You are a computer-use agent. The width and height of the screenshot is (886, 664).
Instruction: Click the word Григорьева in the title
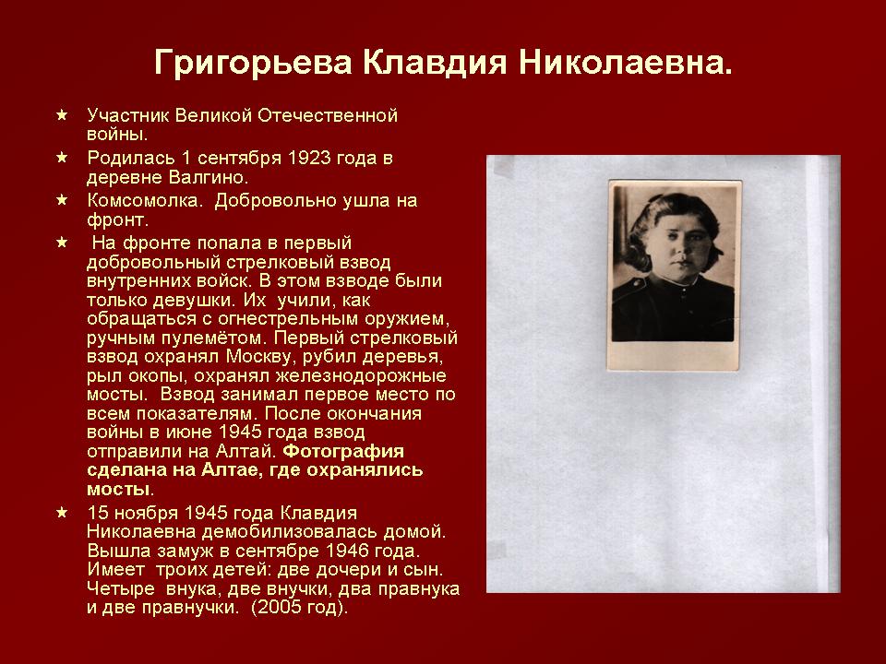pos(253,63)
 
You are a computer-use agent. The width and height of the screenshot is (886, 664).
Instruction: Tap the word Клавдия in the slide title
pos(435,62)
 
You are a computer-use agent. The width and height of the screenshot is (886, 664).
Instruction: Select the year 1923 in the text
pos(309,158)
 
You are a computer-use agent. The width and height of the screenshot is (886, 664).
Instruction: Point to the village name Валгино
pos(208,177)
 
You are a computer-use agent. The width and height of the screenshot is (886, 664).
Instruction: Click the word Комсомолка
pos(144,200)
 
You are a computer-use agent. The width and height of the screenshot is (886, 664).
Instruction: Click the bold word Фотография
pos(343,451)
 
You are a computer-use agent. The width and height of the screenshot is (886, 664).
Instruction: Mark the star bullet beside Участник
pos(62,116)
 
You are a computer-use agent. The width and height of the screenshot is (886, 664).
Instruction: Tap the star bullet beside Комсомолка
pos(62,200)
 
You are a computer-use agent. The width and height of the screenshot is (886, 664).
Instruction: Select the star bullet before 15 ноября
pos(62,513)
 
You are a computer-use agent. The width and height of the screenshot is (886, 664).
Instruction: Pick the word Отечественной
pos(328,116)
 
